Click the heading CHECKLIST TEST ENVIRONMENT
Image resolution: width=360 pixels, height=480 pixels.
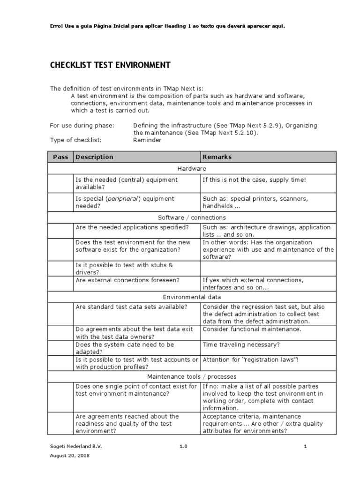[x=110, y=65]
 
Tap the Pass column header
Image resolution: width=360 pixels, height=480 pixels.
[x=60, y=157]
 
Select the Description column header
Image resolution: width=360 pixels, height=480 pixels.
[x=94, y=157]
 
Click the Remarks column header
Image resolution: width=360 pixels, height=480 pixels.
[x=217, y=157]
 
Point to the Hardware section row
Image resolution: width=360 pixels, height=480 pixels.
[x=192, y=168]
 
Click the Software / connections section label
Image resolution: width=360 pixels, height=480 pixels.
[x=192, y=217]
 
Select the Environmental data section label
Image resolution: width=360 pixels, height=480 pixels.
[x=192, y=297]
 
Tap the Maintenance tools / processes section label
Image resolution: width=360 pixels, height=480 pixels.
[x=192, y=376]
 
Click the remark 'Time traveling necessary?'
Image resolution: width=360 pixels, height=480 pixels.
[x=241, y=345]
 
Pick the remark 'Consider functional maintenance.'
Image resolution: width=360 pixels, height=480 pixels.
[x=252, y=329]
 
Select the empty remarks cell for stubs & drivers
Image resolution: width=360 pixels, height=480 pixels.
[x=268, y=269]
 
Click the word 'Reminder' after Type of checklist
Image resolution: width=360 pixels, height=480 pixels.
[x=147, y=140]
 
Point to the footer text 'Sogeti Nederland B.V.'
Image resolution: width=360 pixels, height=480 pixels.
[x=75, y=447]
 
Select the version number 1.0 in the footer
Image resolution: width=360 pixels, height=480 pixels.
[x=183, y=447]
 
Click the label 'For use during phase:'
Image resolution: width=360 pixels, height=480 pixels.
[x=82, y=125]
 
